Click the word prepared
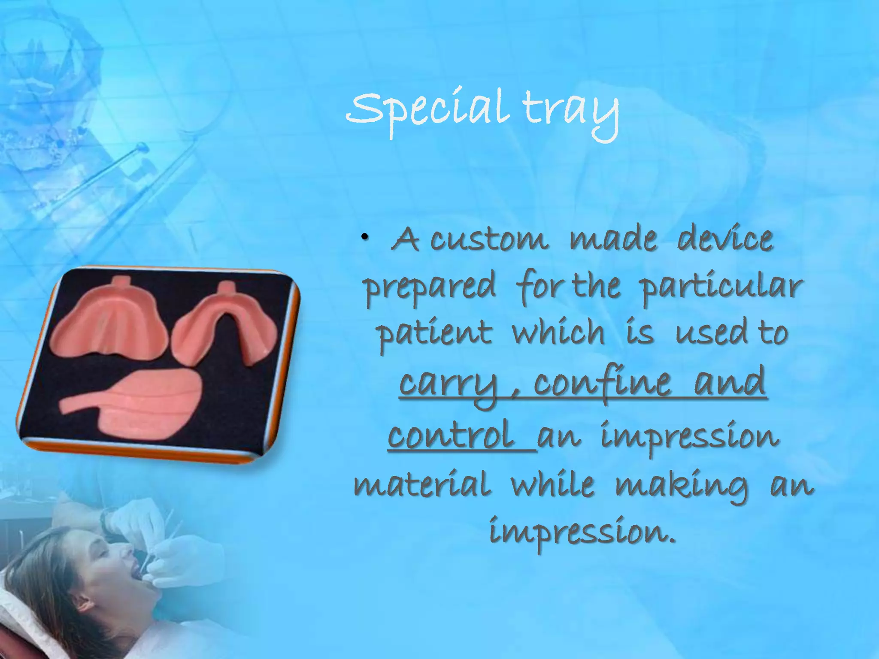pos(430,287)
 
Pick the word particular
pos(721,287)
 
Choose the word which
pos(558,333)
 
